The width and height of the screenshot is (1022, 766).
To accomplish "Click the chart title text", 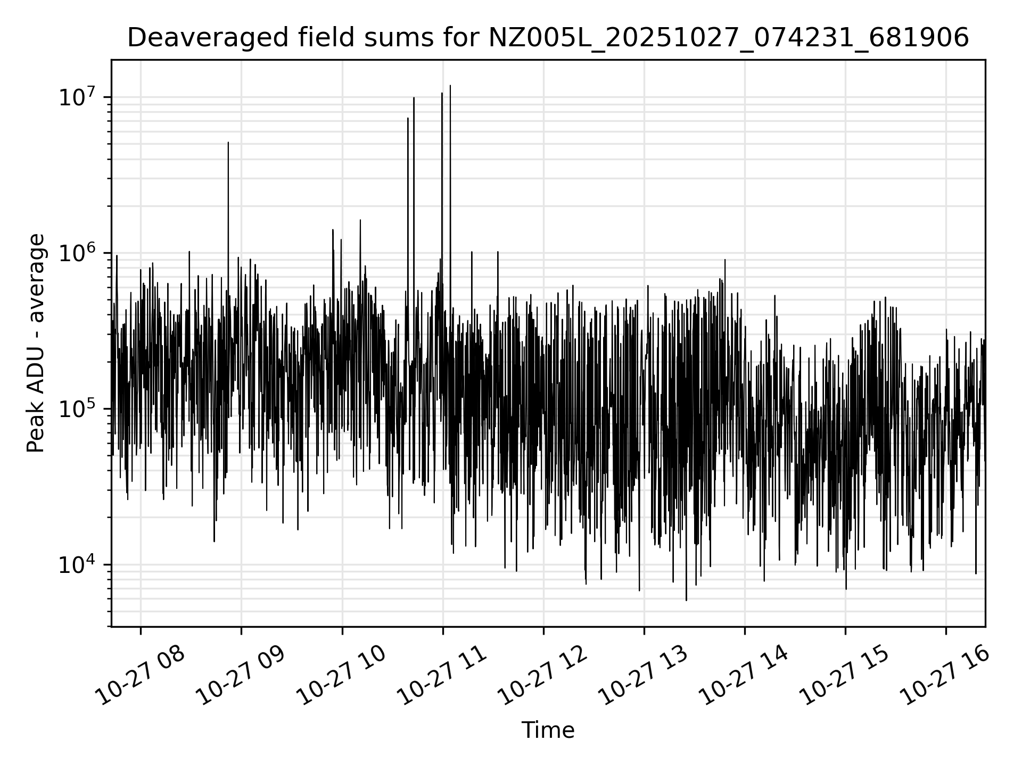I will (x=548, y=38).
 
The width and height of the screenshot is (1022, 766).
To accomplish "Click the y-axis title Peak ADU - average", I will (x=36, y=343).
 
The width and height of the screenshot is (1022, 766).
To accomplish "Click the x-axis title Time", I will (x=548, y=730).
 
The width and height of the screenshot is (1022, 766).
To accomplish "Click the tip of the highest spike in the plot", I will (x=450, y=85).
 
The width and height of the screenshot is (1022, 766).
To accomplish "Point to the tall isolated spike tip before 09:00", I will (x=228, y=143).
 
